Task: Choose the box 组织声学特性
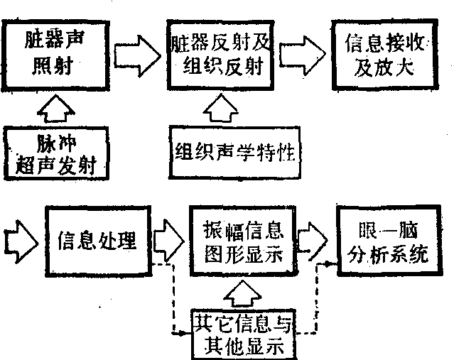point(235,151)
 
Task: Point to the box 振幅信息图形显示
point(244,243)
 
